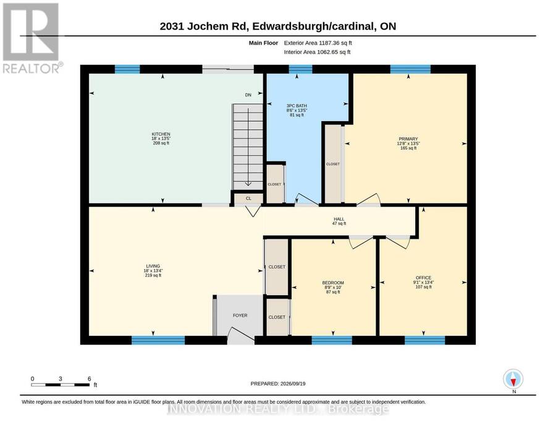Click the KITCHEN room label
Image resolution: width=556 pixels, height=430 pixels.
[x=161, y=134]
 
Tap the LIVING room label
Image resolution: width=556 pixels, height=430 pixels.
[x=153, y=266]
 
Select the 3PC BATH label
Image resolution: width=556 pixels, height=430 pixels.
[x=297, y=106]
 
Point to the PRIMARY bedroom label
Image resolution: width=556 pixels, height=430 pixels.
[x=408, y=139]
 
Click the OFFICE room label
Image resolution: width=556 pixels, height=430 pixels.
[x=423, y=278]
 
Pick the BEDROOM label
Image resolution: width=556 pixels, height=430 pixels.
[x=333, y=283]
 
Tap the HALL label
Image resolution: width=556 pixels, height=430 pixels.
[x=339, y=219]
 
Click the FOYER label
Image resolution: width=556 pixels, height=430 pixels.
[x=240, y=316]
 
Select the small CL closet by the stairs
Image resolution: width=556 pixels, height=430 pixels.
[x=248, y=199]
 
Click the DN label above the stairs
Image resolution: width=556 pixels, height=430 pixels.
[x=248, y=95]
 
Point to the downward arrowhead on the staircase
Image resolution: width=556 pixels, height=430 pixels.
[x=248, y=184]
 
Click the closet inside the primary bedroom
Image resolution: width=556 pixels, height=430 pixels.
[x=333, y=164]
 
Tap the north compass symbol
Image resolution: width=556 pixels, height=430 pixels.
[x=513, y=379]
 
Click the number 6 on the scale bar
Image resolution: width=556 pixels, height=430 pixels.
[x=90, y=379]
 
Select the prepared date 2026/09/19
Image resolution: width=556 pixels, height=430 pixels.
[x=293, y=384]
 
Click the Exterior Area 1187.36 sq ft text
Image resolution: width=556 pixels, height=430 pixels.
[x=318, y=43]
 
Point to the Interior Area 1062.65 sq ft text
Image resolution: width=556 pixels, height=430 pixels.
[x=317, y=52]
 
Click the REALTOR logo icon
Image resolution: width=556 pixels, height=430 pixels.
[x=31, y=32]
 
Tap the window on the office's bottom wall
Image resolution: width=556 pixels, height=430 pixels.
[x=425, y=340]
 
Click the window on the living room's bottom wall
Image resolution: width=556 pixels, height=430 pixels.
[x=158, y=340]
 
